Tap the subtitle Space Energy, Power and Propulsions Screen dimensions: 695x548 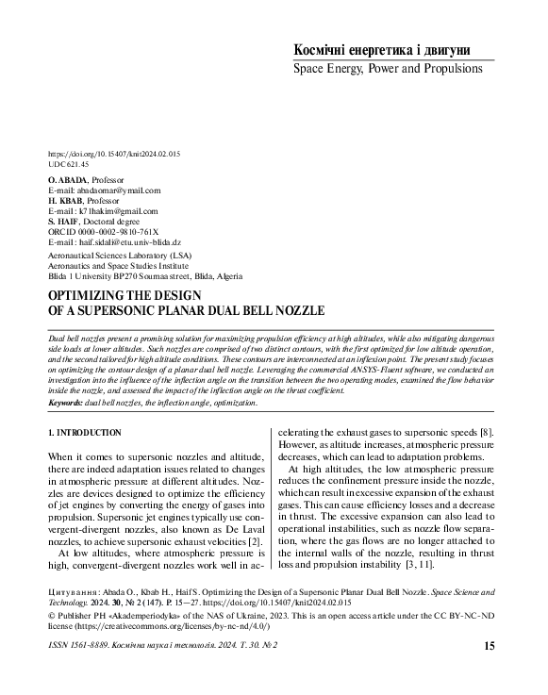tap(388, 69)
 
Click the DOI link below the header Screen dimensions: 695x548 tap(113, 154)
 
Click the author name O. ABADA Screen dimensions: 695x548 tap(66, 179)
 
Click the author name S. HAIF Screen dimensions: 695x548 tap(63, 223)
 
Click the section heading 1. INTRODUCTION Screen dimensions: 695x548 tap(84, 433)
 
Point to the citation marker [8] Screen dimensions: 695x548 tap(489, 432)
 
